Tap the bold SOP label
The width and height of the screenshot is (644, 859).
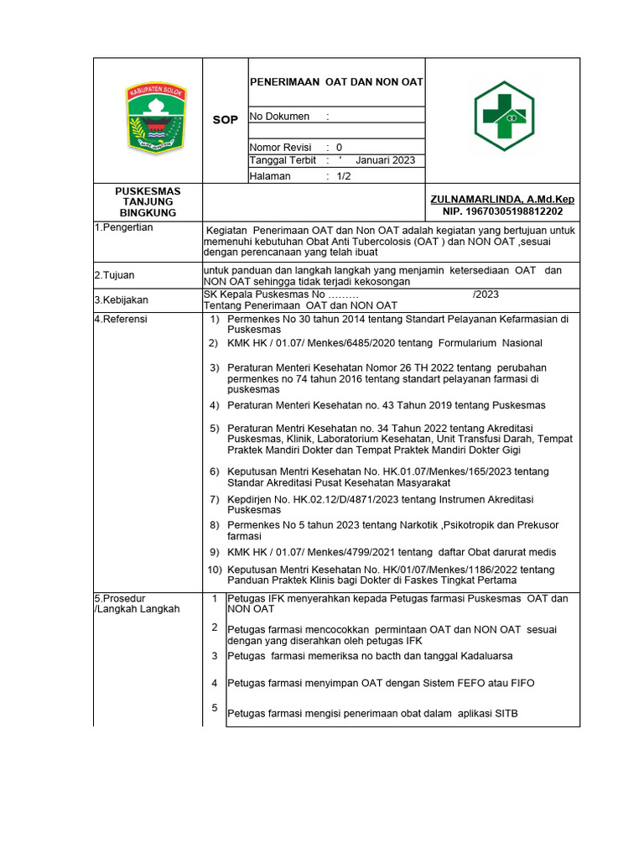pyautogui.click(x=225, y=120)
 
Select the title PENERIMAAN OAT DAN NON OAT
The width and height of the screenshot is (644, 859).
pyautogui.click(x=336, y=82)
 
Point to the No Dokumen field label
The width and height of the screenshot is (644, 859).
pyautogui.click(x=279, y=117)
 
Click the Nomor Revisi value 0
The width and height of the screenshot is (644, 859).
pyautogui.click(x=339, y=147)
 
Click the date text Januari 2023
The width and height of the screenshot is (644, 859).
pyautogui.click(x=385, y=160)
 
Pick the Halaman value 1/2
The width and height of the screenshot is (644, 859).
pyautogui.click(x=344, y=176)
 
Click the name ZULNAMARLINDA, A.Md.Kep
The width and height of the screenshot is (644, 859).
pyautogui.click(x=501, y=199)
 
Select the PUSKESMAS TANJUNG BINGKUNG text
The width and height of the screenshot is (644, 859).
pyautogui.click(x=148, y=202)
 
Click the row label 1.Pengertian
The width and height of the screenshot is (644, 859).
pyautogui.click(x=123, y=228)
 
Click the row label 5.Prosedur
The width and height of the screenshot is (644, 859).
pyautogui.click(x=120, y=598)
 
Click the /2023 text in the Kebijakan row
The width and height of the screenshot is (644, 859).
pyautogui.click(x=486, y=294)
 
